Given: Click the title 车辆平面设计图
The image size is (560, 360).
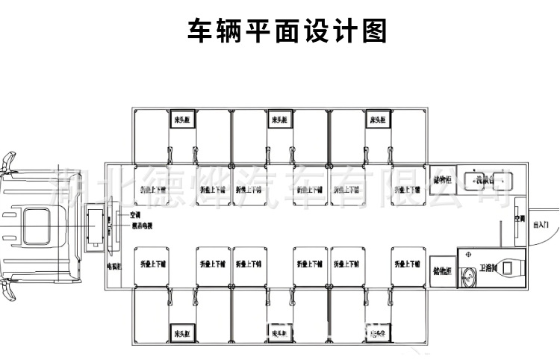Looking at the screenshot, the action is click(x=287, y=31).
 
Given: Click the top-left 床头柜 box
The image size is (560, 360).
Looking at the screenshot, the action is click(x=181, y=120).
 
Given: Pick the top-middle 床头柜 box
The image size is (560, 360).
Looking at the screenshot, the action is click(x=280, y=120).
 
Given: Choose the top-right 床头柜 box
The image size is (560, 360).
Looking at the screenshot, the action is click(x=377, y=120).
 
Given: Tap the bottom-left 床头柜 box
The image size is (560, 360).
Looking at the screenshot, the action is click(x=181, y=332).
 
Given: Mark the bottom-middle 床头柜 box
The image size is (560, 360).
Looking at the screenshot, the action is click(x=280, y=332).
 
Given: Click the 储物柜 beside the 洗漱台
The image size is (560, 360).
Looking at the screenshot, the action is click(x=442, y=180).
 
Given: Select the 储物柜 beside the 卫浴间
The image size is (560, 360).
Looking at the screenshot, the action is click(x=442, y=270).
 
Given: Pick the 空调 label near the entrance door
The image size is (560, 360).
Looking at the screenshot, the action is click(x=520, y=221).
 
